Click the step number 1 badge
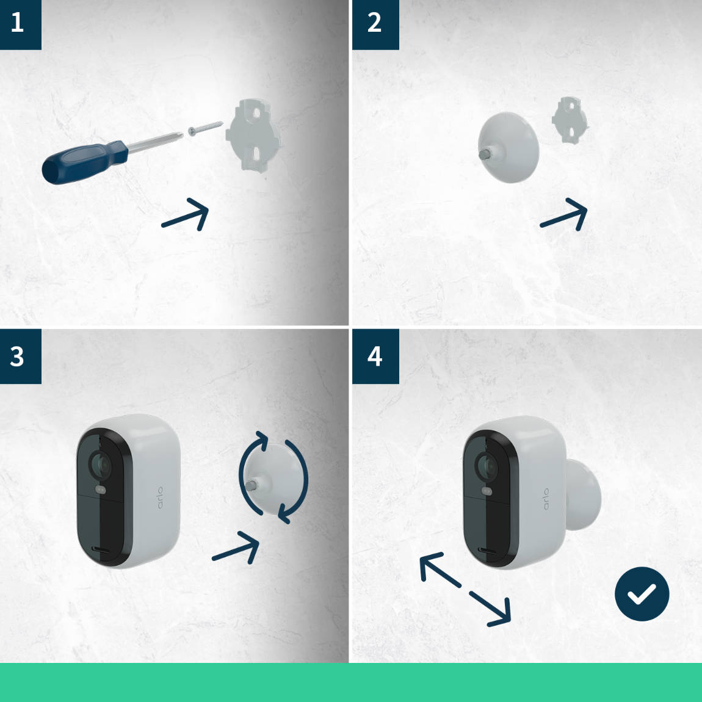21,24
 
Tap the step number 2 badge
375,24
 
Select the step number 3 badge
21,356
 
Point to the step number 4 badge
375,356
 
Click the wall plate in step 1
253,136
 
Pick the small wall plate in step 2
570,120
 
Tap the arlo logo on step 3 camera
160,498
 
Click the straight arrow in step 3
236,547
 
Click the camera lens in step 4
486,466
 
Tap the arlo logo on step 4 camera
546,499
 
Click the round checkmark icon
642,594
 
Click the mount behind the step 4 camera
583,494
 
